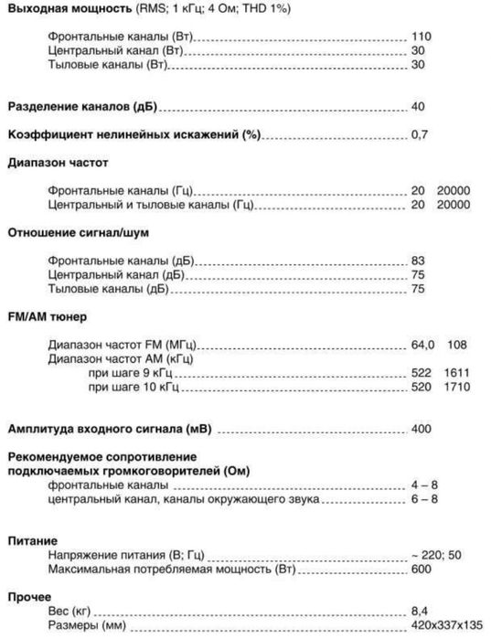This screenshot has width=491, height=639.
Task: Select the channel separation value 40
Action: click(x=418, y=107)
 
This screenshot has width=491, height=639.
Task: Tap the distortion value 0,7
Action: click(x=420, y=135)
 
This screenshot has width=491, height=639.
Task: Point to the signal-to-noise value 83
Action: click(x=418, y=261)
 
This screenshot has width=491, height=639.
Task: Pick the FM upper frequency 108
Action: click(x=458, y=345)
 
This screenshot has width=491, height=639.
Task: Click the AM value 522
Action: click(x=421, y=373)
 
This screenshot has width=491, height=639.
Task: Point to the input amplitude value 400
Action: click(x=422, y=429)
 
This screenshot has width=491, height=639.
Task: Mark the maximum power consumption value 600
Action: click(x=422, y=569)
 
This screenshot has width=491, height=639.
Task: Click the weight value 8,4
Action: click(x=420, y=611)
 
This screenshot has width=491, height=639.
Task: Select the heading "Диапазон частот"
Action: click(x=57, y=164)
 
